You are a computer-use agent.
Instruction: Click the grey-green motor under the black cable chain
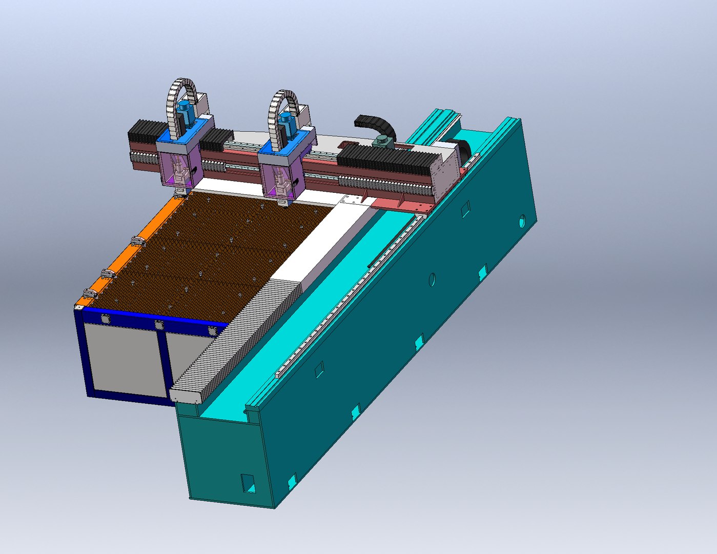[382, 143]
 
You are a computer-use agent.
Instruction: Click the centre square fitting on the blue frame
[159, 325]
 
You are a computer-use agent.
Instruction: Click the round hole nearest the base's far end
[522, 221]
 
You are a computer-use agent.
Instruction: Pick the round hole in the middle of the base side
[432, 280]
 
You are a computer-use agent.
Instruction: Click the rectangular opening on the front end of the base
[248, 483]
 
